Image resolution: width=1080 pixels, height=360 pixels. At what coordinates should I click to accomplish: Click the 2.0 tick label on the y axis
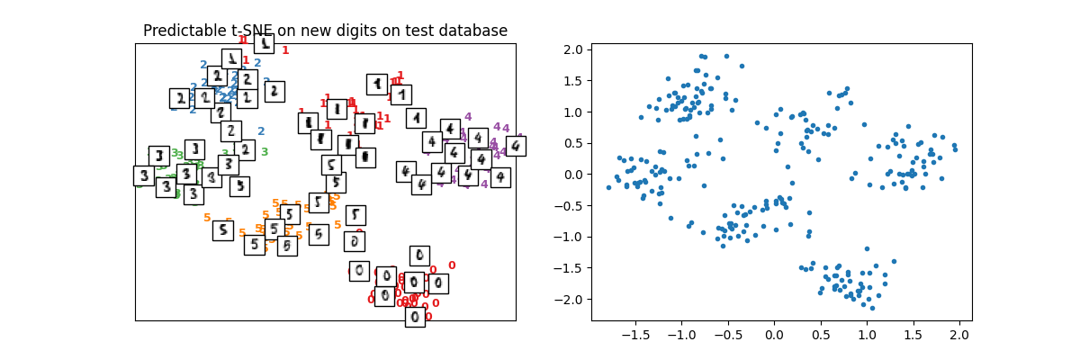click(573, 49)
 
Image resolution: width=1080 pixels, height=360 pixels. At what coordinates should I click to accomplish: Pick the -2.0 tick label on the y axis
click(570, 299)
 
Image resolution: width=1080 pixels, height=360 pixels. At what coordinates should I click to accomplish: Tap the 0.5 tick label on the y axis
click(573, 143)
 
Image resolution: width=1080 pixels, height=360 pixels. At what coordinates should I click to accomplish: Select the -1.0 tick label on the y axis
click(570, 237)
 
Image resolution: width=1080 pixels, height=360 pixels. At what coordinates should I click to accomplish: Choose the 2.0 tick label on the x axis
click(959, 335)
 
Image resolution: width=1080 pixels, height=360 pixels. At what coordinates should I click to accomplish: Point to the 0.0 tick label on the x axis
click(774, 335)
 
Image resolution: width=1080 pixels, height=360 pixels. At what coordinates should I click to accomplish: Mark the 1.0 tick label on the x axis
click(867, 335)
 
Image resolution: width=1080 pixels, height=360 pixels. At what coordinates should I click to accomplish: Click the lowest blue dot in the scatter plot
click(871, 308)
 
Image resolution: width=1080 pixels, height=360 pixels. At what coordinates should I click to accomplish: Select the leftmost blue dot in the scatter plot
click(608, 187)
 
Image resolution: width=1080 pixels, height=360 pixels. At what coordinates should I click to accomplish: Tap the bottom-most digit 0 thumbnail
click(415, 317)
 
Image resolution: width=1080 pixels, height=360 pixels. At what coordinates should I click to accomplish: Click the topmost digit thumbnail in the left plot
click(264, 43)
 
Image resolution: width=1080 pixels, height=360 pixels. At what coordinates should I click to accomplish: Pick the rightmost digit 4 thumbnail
click(516, 146)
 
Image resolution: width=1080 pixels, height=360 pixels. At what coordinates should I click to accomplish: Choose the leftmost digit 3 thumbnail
click(143, 175)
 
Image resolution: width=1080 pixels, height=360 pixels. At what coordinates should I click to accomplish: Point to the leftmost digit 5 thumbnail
click(223, 230)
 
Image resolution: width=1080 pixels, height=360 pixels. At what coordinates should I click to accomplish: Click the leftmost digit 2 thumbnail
click(180, 98)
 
